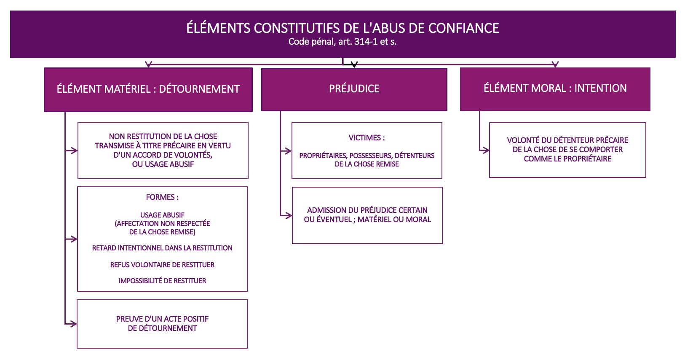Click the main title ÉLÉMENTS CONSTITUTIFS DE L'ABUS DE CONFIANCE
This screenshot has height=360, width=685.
pyautogui.click(x=342, y=28)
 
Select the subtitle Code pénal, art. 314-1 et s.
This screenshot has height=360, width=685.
pyautogui.click(x=342, y=42)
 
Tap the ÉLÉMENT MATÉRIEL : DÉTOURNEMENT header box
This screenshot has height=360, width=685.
pyautogui.click(x=148, y=90)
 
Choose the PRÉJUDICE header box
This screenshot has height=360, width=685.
pyautogui.click(x=354, y=89)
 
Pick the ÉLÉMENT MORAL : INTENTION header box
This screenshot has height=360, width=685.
pyautogui.click(x=555, y=89)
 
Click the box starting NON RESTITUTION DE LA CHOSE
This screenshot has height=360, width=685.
pyautogui.click(x=163, y=150)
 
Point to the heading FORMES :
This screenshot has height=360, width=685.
pyautogui.click(x=162, y=197)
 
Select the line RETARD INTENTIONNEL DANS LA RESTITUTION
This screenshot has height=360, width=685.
pyautogui.click(x=162, y=248)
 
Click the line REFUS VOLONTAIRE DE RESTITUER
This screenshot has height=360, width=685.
pyautogui.click(x=162, y=265)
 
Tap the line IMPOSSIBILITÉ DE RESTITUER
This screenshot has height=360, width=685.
pyautogui.click(x=162, y=281)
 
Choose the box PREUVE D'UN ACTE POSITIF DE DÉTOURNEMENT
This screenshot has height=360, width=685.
pyautogui.click(x=162, y=324)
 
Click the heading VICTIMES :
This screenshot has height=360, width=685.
pyautogui.click(x=367, y=138)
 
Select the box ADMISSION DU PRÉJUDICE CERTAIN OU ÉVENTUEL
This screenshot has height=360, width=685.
pyautogui.click(x=367, y=215)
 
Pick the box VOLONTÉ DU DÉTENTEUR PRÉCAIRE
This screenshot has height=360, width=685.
pyautogui.click(x=567, y=150)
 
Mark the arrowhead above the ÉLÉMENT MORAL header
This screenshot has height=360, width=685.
pyautogui.click(x=555, y=64)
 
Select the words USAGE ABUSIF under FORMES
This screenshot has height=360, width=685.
pyautogui.click(x=162, y=215)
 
